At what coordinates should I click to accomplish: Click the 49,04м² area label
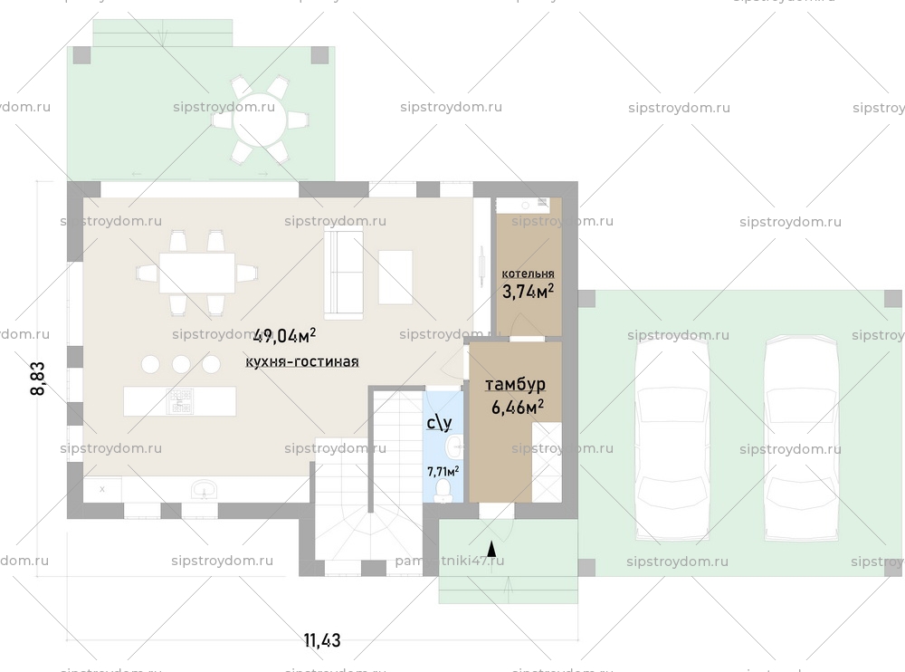coord(284,336)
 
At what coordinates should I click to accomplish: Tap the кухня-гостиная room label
coord(301,361)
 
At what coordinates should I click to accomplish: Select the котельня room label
coord(528,273)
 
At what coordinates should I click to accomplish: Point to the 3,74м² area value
coord(528,291)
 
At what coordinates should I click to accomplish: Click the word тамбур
coord(515,385)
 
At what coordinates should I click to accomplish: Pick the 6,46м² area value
coord(517,408)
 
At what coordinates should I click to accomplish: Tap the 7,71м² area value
coord(443,471)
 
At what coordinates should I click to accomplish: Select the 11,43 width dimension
coord(322,640)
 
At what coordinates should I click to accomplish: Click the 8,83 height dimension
coord(38,379)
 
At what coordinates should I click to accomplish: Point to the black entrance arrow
coord(491,548)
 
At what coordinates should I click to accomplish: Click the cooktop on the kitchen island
coord(179,401)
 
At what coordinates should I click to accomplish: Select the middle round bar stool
coord(181,364)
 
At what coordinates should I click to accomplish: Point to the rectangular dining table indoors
coord(196,273)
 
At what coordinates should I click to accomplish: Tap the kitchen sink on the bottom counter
coord(205,490)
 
